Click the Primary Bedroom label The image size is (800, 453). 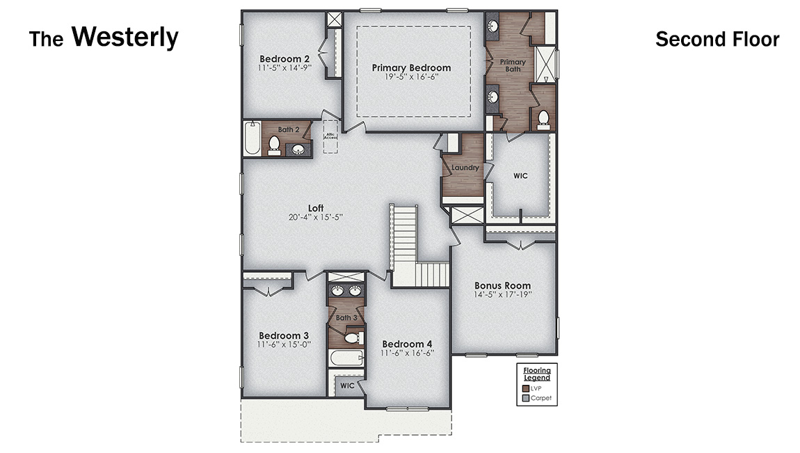[x=411, y=67]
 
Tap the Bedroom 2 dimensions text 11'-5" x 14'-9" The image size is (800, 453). [x=285, y=68]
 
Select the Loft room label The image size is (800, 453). [x=316, y=208]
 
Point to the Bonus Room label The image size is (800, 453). [x=502, y=285]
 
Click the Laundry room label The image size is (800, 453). [x=463, y=168]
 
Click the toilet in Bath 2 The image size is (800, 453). [x=274, y=145]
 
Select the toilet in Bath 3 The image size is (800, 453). [x=352, y=338]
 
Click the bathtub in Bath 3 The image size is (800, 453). [x=346, y=359]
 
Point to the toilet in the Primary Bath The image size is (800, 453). [x=544, y=120]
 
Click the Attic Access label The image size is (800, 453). [x=330, y=136]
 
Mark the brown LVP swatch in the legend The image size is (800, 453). [x=526, y=388]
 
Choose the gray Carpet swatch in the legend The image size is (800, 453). [x=526, y=399]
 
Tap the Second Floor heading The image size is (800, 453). [x=717, y=39]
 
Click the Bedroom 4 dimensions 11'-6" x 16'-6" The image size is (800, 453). [x=408, y=353]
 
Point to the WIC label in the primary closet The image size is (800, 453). [x=520, y=176]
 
